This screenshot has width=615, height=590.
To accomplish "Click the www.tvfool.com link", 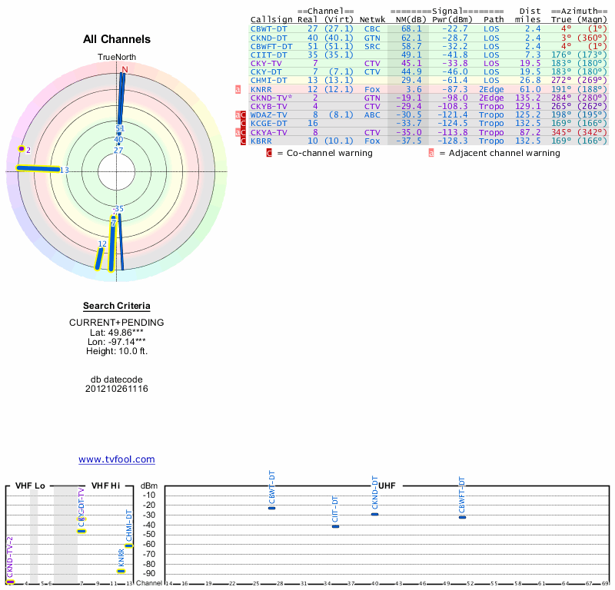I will tap(117, 459).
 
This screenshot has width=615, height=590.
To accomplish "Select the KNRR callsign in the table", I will tap(261, 89).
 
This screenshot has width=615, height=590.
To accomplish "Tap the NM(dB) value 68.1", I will tap(411, 28).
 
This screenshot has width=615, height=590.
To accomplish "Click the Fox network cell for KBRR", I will tap(372, 141).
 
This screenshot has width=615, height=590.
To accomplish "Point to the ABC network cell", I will tap(372, 114).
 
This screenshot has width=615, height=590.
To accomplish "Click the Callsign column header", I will tap(271, 19).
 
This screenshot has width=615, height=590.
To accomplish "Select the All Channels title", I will tap(117, 39).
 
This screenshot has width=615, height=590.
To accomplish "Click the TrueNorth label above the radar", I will tap(117, 58).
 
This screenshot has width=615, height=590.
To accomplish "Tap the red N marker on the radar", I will tap(124, 69).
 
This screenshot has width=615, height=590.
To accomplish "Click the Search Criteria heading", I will tap(117, 306).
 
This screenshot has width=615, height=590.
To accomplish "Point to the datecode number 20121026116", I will tap(117, 389).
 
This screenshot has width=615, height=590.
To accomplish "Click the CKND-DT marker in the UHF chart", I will tap(375, 514).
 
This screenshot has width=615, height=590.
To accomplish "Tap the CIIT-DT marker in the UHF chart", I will tap(335, 526).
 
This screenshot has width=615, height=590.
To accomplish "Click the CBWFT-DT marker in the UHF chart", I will tap(462, 517).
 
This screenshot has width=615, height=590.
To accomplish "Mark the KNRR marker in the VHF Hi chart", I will tap(121, 571).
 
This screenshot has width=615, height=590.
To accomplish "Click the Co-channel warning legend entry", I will tap(324, 153).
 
